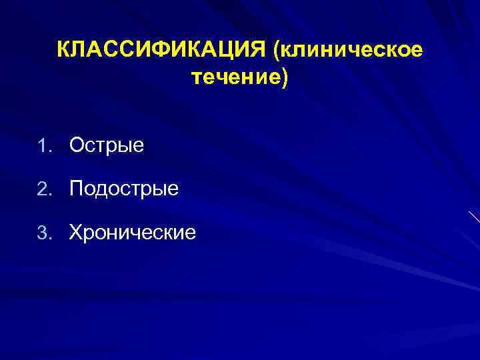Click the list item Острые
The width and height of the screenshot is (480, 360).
[107, 145]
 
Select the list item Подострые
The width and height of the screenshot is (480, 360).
[124, 189]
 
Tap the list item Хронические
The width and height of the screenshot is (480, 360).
[133, 233]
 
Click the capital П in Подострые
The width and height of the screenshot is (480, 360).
[77, 189]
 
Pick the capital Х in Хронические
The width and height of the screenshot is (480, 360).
[76, 233]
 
